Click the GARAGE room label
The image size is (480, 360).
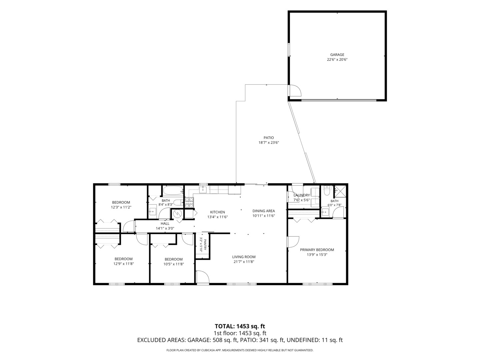[x=337, y=55]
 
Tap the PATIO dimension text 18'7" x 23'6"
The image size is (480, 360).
[x=269, y=143]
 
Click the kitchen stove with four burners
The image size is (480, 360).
[x=189, y=202]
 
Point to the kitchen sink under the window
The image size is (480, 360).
[x=203, y=190]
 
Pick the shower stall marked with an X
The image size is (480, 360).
[x=340, y=191]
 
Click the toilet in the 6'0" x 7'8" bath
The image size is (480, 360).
[x=327, y=191]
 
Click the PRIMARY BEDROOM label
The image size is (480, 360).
[x=317, y=250]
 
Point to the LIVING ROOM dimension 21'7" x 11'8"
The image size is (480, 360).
[x=244, y=262]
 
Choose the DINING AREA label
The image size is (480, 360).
[x=264, y=211]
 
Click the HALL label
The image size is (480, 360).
[x=165, y=223]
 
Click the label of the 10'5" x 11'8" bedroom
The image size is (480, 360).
[x=174, y=259]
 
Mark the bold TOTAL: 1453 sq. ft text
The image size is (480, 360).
[x=240, y=326]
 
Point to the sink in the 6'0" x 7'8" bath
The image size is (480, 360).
[x=325, y=212]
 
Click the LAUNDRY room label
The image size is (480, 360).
[x=302, y=195]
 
